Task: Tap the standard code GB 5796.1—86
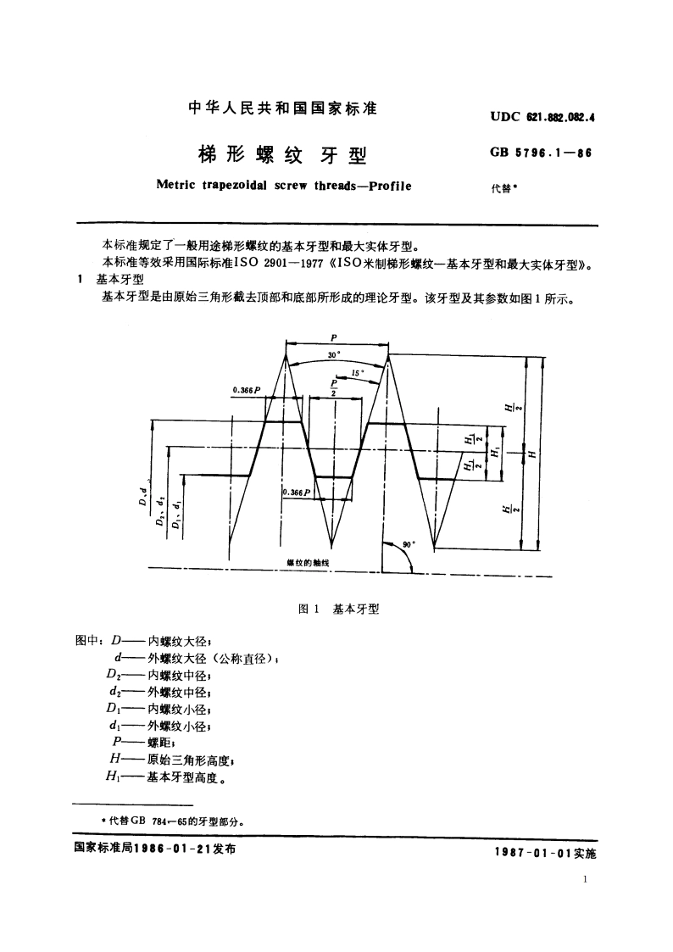tap(540, 153)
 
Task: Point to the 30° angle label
tap(333, 356)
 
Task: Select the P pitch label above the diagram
tap(337, 337)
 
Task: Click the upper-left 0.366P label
tap(246, 389)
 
